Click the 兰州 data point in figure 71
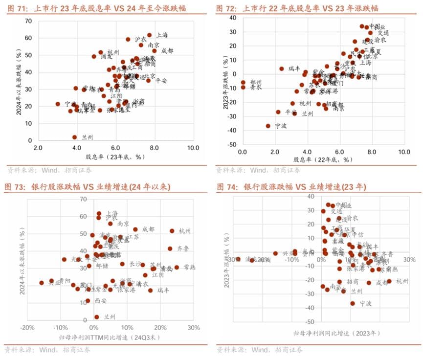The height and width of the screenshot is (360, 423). pyautogui.click(x=75, y=137)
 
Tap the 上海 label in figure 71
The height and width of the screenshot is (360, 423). pyautogui.click(x=162, y=35)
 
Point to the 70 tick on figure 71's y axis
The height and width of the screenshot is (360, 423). pyautogui.click(x=29, y=21)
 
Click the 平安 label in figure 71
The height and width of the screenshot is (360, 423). pyautogui.click(x=161, y=81)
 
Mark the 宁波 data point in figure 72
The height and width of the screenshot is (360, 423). pyautogui.click(x=268, y=126)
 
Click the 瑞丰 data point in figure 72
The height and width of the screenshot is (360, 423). pyautogui.click(x=282, y=69)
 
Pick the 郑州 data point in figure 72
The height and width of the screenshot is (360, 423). pyautogui.click(x=243, y=83)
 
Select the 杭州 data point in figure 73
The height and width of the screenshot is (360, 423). pyautogui.click(x=172, y=231)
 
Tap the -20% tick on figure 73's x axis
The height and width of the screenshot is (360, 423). pyautogui.click(x=27, y=328)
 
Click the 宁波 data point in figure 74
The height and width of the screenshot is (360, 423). pyautogui.click(x=353, y=303)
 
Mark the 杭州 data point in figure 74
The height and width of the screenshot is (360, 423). pyautogui.click(x=389, y=281)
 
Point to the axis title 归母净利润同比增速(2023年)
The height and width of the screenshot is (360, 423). pyautogui.click(x=336, y=334)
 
